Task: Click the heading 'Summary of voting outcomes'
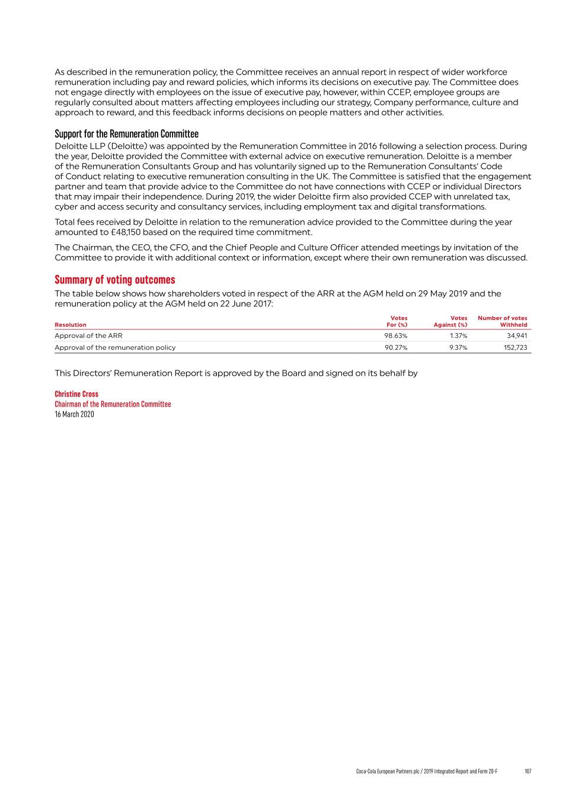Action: pos(115,280)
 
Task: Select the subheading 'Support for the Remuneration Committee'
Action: pos(126,134)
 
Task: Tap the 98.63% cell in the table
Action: pos(396,335)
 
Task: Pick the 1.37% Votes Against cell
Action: pos(458,335)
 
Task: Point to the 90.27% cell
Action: pos(396,347)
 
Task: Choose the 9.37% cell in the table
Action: pos(458,347)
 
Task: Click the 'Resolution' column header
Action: pos(71,325)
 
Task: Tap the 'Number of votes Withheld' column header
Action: pos(503,321)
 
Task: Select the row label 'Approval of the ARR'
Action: pos(88,335)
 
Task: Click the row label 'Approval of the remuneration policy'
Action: pos(115,347)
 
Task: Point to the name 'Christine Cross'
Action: pos(76,394)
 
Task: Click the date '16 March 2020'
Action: pos(74,414)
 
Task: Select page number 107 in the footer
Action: pos(528,771)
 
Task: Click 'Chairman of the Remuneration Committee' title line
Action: pos(113,404)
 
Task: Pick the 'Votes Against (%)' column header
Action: pos(450,321)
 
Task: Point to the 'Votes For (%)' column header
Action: pos(397,321)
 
